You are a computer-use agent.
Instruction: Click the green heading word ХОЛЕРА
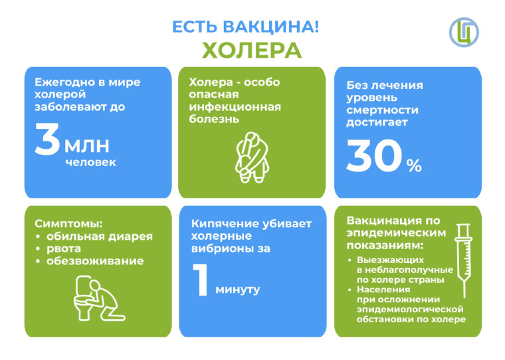click(252, 50)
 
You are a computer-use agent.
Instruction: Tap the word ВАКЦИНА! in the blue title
click(270, 27)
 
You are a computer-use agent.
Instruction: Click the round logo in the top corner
click(464, 32)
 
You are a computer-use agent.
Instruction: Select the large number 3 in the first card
click(47, 139)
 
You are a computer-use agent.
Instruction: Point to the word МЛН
click(87, 146)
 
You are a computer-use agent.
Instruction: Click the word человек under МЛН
click(90, 162)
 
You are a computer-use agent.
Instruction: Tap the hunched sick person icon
click(252, 157)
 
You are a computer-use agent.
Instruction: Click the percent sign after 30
click(414, 165)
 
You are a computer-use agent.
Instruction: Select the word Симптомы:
click(68, 223)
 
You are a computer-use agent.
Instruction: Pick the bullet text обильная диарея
click(100, 236)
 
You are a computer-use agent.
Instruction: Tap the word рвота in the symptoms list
click(64, 249)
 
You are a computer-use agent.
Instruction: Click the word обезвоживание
click(95, 261)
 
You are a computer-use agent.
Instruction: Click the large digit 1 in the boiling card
click(200, 280)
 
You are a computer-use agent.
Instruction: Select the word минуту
click(237, 290)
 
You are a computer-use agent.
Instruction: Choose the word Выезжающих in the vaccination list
click(390, 260)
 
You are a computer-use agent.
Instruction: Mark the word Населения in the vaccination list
click(383, 290)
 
